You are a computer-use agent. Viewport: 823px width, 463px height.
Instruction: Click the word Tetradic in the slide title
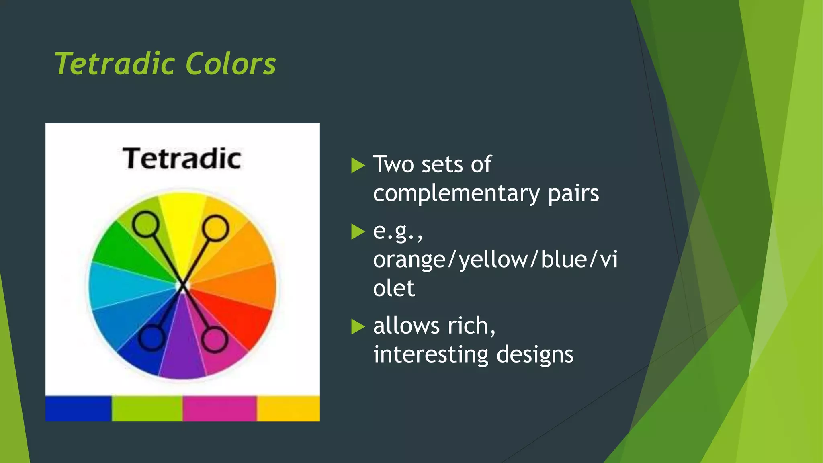(115, 64)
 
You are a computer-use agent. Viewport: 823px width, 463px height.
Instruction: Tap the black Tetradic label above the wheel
(182, 158)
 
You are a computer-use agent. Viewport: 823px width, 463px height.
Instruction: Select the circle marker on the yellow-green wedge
(145, 225)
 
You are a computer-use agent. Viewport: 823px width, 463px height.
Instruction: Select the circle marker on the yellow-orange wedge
(215, 228)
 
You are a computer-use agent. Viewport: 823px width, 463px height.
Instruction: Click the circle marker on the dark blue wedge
(151, 338)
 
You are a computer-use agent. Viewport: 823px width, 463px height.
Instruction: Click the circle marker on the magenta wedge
(214, 340)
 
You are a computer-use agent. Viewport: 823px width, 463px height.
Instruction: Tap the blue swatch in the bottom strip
(78, 408)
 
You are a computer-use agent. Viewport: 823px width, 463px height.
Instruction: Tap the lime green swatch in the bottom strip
(147, 408)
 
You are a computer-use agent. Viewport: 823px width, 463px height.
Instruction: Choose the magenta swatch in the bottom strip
(219, 408)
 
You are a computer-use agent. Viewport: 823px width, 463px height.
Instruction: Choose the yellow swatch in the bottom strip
(288, 408)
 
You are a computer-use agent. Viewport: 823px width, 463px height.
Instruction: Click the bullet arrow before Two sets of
(357, 165)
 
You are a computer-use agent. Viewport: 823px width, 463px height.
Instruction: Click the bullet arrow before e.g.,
(357, 231)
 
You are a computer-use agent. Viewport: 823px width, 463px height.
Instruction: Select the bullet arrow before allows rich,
(357, 326)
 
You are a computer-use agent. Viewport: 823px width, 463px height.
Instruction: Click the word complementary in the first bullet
(456, 194)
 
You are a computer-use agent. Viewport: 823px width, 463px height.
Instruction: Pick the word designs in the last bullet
(534, 354)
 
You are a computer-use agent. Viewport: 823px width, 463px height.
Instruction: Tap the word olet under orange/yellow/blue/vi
(393, 288)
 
